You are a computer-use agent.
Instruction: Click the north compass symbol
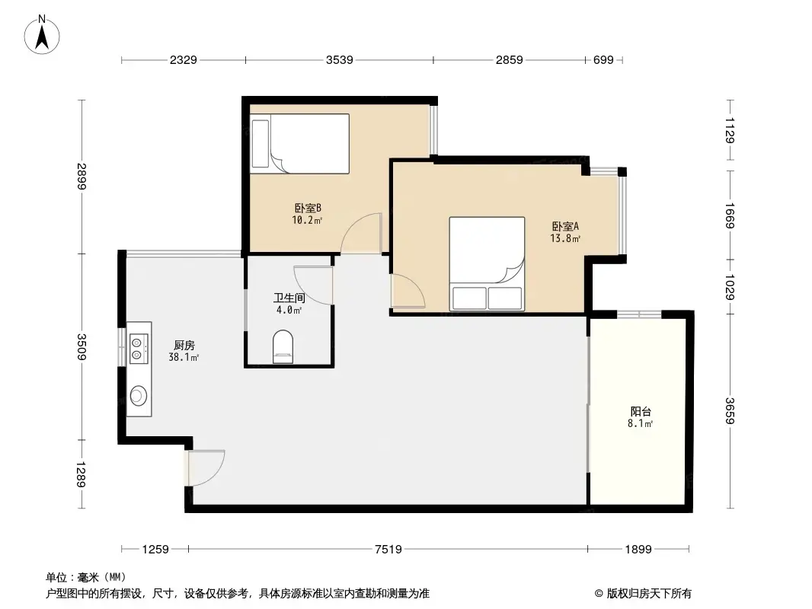click(44, 35)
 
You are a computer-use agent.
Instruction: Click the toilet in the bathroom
click(282, 346)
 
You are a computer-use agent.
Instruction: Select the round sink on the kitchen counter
click(139, 394)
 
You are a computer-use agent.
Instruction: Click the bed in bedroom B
click(299, 142)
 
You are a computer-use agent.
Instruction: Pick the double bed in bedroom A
click(487, 263)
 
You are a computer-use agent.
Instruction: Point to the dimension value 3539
click(339, 60)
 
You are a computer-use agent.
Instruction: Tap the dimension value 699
click(603, 60)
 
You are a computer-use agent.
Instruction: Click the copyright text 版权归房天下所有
click(647, 593)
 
